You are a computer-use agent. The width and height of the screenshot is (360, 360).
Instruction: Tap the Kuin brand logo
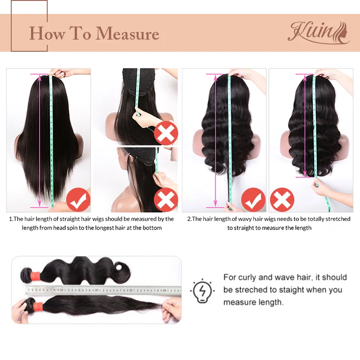tap(319, 32)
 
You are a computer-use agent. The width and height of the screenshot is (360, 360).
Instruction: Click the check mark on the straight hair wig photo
tap(78, 200)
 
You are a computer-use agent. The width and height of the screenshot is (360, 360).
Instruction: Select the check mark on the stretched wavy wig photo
tap(253, 200)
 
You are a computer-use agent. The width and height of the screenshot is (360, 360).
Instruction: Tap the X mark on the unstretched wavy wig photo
tap(282, 200)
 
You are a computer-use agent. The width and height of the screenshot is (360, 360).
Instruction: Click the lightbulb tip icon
tap(202, 291)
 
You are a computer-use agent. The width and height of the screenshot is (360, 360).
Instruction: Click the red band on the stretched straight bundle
tap(38, 306)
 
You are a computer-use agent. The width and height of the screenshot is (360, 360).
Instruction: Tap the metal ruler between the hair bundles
tap(103, 290)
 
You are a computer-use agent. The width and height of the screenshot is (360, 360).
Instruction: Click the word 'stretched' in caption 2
tap(338, 219)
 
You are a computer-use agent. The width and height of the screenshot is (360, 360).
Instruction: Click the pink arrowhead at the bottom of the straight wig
tap(40, 203)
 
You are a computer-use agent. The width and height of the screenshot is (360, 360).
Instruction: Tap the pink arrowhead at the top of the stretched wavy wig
tap(216, 77)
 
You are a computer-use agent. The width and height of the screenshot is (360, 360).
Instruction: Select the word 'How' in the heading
tap(47, 33)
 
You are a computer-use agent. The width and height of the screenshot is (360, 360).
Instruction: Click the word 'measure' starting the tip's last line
tap(239, 302)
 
